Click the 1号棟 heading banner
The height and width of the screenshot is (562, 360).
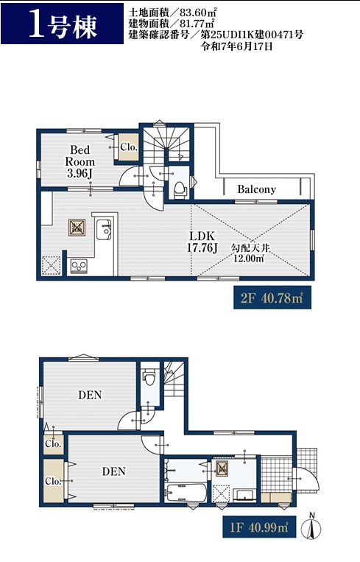click(62, 24)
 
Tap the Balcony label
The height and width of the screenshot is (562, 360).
click(256, 189)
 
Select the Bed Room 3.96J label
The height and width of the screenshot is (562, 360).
click(80, 161)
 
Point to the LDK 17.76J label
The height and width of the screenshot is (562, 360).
click(202, 242)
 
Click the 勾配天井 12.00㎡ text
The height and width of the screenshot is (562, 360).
click(250, 253)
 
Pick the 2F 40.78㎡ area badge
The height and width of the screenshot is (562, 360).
click(272, 298)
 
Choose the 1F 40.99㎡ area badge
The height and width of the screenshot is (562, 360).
click(259, 527)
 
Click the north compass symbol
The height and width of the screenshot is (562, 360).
click(311, 527)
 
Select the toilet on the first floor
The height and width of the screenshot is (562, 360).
click(149, 376)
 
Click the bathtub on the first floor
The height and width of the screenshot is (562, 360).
click(186, 493)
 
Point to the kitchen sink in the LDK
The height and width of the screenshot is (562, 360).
click(104, 229)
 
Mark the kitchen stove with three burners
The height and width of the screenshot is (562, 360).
click(79, 267)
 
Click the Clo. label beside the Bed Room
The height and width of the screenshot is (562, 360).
click(129, 147)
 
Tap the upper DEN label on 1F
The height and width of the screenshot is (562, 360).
click(91, 395)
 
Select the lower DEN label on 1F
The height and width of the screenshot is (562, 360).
click(114, 471)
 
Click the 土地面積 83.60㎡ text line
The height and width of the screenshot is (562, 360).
click(172, 13)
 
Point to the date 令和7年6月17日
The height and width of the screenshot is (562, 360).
click(236, 46)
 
